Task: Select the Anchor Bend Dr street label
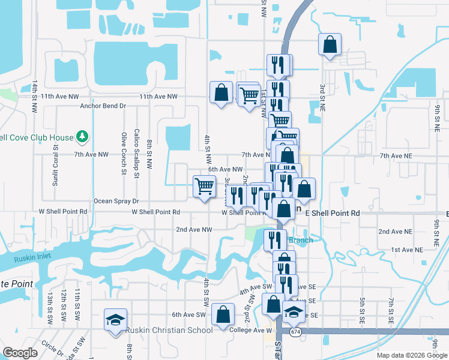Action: (103, 106)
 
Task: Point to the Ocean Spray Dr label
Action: (116, 202)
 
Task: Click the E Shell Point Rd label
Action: (332, 213)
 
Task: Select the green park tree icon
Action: (82, 137)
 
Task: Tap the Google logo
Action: (20, 352)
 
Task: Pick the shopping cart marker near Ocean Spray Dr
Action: (204, 187)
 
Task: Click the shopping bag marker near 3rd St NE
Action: (330, 44)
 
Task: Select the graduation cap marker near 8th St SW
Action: (115, 319)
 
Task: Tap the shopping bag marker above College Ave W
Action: (223, 314)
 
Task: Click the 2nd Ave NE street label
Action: (396, 232)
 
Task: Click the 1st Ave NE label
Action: (404, 249)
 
